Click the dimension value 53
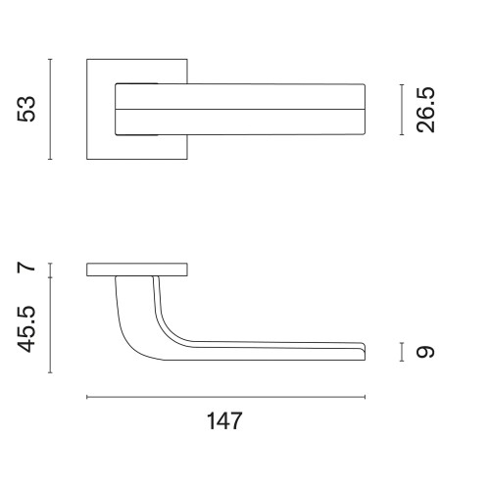pos(26,109)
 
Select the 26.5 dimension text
pos(425,110)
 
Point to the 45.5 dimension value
pos(26,329)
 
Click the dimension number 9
pos(425,352)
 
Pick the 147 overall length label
pos(224,420)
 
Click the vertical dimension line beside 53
pos(50,109)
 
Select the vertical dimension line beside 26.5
pos(402,110)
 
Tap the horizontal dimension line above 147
pos(225,397)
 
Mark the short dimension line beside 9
pos(402,352)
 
